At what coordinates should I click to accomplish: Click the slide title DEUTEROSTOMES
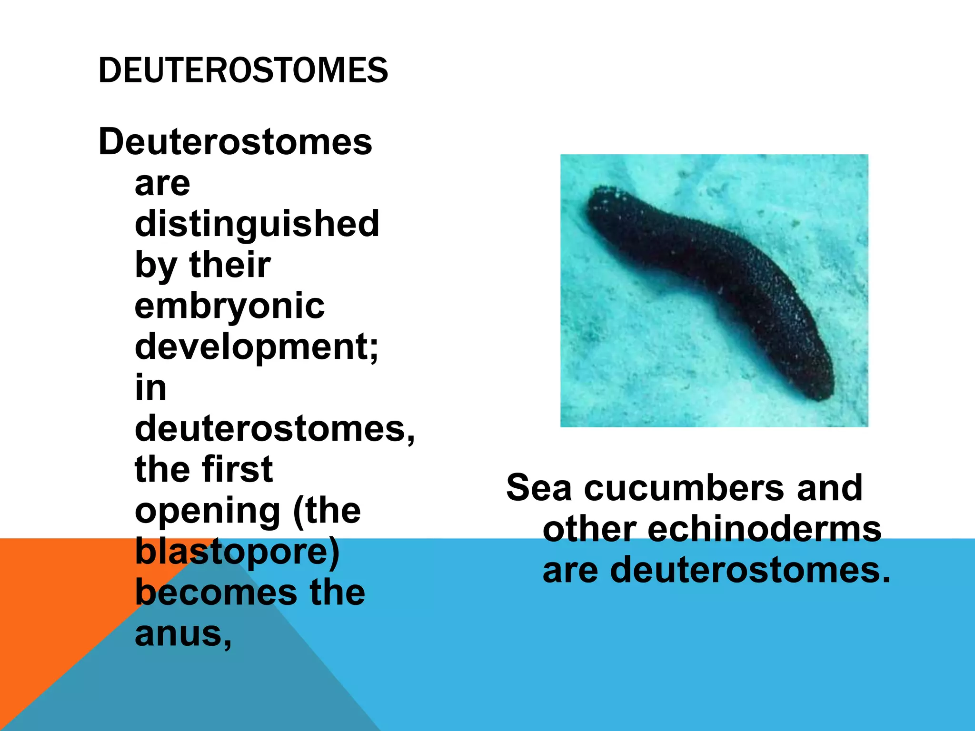click(243, 70)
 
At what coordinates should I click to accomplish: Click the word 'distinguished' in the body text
click(257, 224)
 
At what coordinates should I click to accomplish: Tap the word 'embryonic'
click(229, 306)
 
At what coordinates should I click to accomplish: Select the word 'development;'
click(257, 347)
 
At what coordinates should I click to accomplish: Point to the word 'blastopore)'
click(237, 552)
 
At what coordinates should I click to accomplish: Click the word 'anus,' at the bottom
click(183, 634)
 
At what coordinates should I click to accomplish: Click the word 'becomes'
click(217, 593)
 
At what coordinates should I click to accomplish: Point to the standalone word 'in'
click(150, 388)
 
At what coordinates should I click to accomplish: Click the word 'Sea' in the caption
click(538, 488)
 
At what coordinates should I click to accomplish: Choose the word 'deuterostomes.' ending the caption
click(750, 570)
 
